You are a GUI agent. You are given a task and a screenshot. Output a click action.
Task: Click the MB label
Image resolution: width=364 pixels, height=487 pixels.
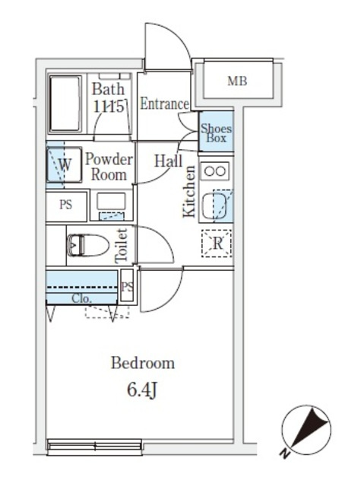[x=237, y=81]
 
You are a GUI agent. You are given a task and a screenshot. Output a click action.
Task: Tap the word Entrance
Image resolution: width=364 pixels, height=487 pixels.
[x=164, y=103]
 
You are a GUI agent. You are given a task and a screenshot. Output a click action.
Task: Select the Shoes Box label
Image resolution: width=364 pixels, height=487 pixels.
[x=216, y=133]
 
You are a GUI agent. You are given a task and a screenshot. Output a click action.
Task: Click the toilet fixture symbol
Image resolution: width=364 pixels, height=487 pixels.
[x=87, y=245]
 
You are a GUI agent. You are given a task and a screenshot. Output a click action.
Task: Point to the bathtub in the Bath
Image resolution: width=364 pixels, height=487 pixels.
[x=65, y=103]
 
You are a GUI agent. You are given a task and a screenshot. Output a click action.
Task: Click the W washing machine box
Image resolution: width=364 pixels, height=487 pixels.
[x=64, y=164]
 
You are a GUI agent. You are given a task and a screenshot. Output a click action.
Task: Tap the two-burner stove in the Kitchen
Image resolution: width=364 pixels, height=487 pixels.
[x=215, y=170]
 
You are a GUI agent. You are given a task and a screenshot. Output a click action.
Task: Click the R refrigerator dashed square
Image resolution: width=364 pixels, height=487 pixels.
[x=217, y=243]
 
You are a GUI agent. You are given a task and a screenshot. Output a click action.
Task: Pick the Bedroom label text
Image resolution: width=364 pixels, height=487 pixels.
[x=143, y=363]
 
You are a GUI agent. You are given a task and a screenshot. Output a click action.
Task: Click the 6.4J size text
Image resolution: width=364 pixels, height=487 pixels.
[x=143, y=390]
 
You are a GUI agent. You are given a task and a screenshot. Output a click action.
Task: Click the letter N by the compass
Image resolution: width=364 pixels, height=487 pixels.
[x=285, y=454]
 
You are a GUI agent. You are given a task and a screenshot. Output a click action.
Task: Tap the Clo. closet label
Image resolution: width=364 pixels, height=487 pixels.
[x=81, y=299]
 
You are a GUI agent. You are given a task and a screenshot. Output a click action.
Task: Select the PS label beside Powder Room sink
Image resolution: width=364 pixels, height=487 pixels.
[x=65, y=205]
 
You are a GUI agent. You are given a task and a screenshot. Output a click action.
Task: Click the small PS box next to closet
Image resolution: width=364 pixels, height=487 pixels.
[x=127, y=286]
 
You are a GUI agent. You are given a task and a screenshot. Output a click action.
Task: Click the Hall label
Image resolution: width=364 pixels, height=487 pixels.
[x=169, y=161]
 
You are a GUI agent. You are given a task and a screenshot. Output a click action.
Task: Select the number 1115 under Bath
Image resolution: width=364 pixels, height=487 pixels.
[x=109, y=107]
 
